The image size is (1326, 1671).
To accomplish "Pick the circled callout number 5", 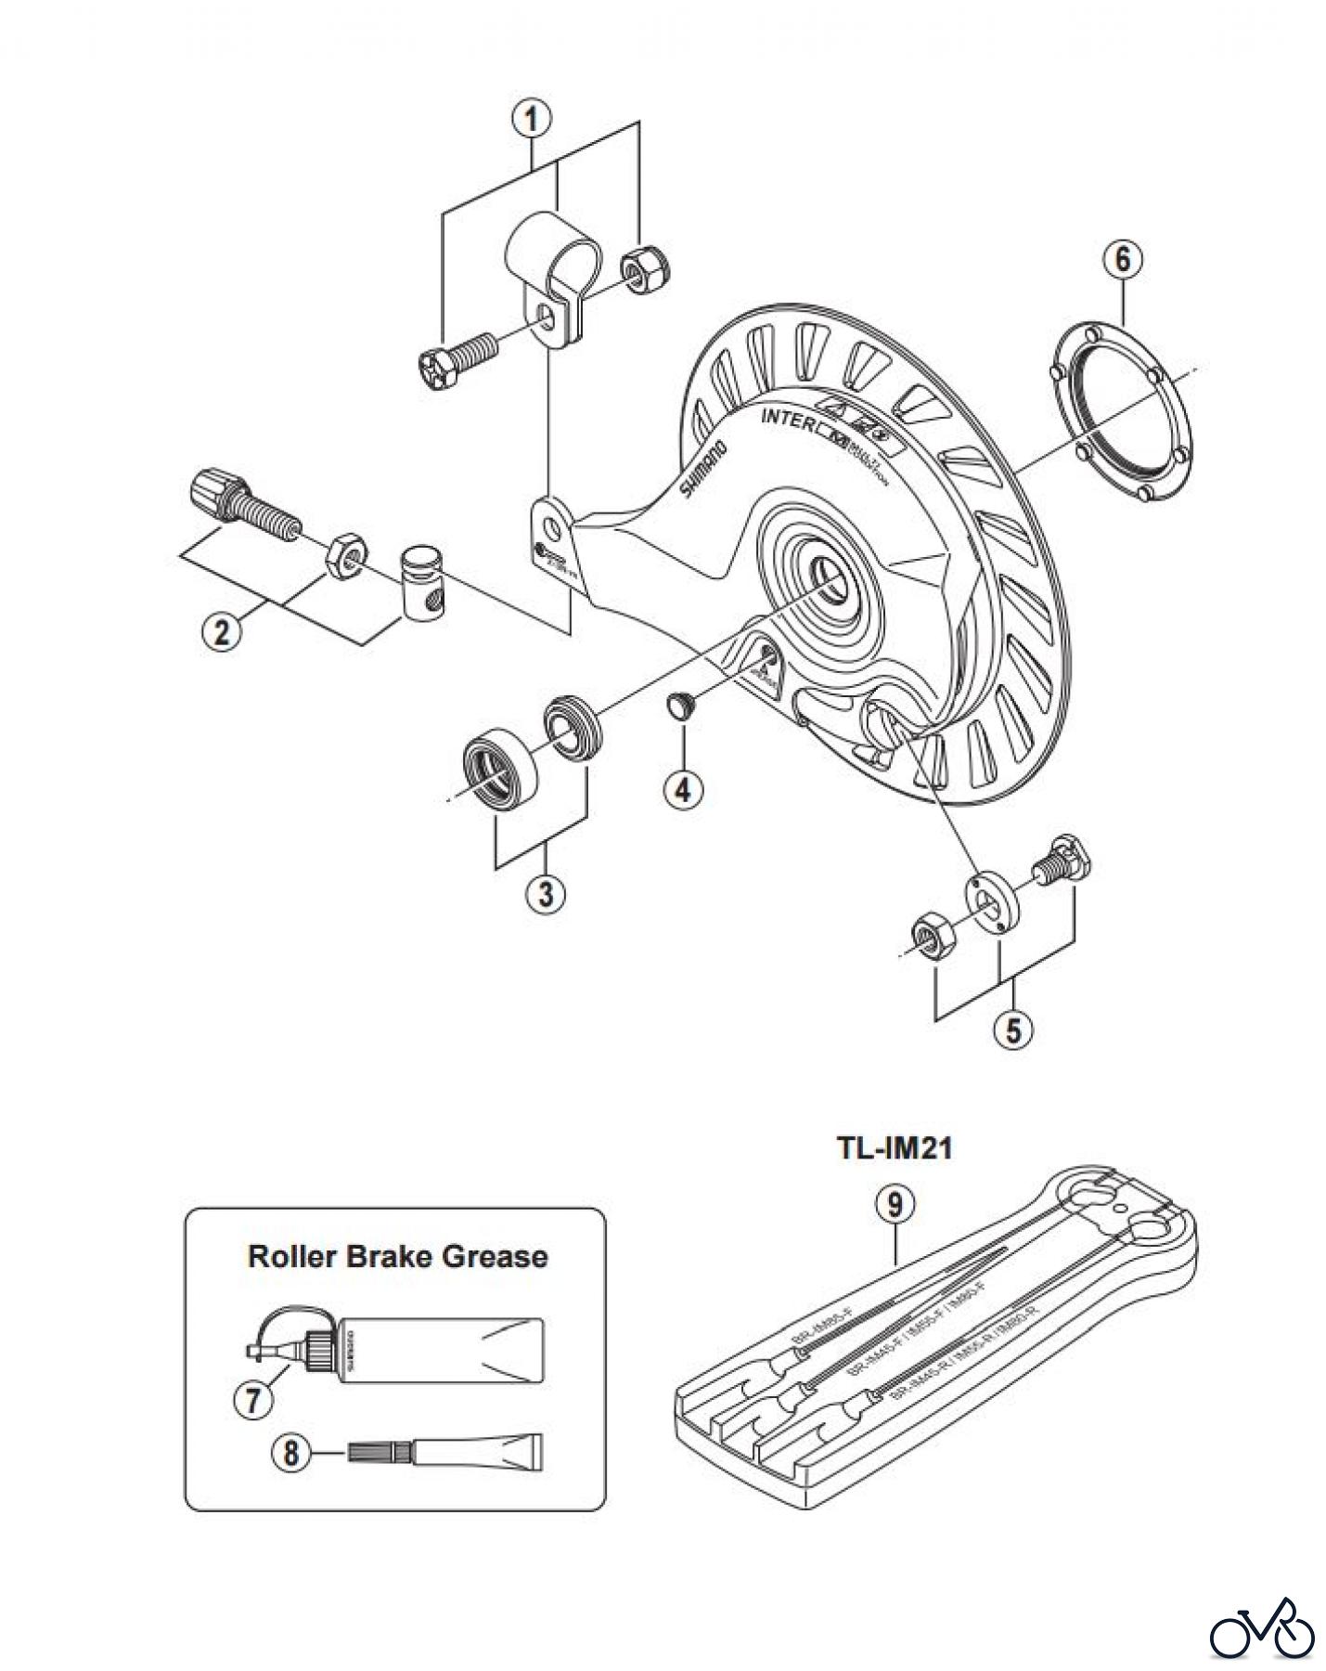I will tap(1012, 1029).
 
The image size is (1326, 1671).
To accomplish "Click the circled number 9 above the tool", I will tap(895, 1205).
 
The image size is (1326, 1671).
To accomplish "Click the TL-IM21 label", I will tap(895, 1148).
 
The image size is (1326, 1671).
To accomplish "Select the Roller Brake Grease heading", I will tap(397, 1257).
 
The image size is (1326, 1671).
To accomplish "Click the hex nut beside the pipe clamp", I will tap(637, 268).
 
